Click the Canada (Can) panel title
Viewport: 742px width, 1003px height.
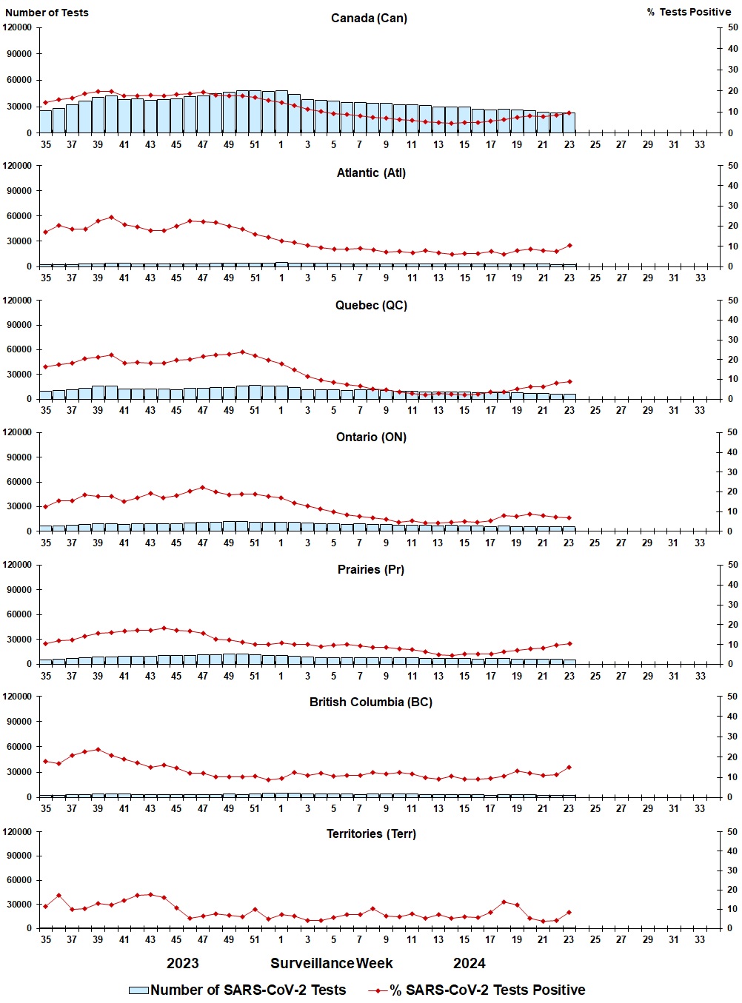pos(369,18)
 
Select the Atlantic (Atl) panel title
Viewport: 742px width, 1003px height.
pos(371,172)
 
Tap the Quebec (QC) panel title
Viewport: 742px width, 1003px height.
pos(371,305)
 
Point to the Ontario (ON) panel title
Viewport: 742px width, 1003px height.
pos(371,437)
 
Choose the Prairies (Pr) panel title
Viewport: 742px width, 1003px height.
pos(371,569)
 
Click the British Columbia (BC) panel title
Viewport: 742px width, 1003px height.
pos(371,702)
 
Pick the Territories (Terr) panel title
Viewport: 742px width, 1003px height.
pos(371,833)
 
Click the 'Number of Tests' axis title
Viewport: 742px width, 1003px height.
pos(47,13)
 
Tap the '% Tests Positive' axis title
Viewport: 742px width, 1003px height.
pos(689,12)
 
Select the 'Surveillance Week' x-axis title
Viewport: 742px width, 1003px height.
pos(331,963)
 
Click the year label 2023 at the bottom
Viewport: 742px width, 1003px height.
pos(182,963)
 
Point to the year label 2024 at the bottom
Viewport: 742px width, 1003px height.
pos(469,963)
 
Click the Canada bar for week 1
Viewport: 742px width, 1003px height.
pos(281,113)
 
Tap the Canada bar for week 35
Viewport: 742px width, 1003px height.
pos(46,121)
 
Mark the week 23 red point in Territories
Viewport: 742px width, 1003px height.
pos(569,912)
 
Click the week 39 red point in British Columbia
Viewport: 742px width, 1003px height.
pos(98,749)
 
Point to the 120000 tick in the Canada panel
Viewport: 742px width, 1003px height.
pos(18,27)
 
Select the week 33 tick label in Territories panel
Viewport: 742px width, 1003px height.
pos(700,939)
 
